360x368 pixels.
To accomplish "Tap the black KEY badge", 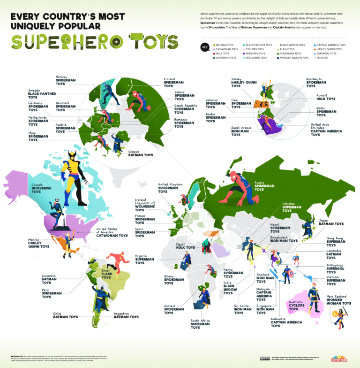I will (204, 47).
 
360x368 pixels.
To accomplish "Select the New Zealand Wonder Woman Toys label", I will (338, 300).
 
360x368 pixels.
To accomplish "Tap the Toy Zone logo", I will (339, 359).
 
